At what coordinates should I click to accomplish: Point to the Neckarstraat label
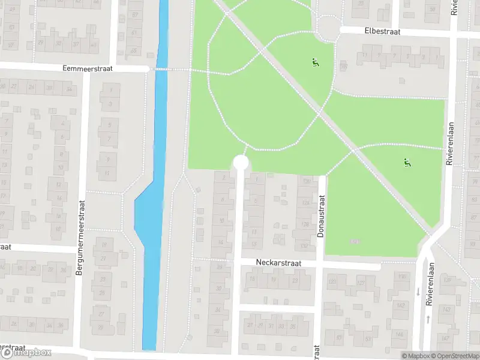[x=278, y=263]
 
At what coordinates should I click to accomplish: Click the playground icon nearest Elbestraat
[x=314, y=61]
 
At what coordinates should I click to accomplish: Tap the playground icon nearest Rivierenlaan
[x=407, y=161]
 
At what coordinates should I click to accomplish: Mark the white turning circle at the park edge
[x=241, y=163]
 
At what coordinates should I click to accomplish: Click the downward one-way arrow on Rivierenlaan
[x=418, y=292]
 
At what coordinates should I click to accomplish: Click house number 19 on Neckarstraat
[x=274, y=280]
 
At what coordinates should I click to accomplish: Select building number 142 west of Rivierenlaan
[x=401, y=306]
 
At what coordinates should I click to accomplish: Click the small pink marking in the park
[x=354, y=241]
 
